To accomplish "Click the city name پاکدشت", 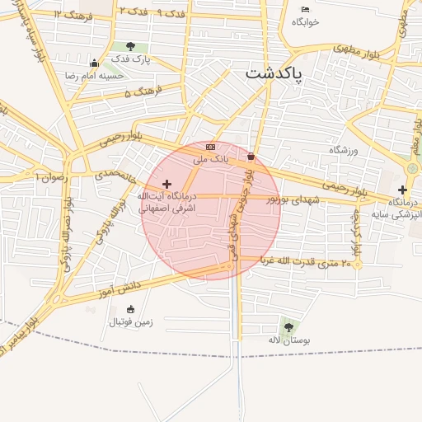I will (x=274, y=73).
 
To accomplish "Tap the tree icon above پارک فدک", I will (x=129, y=47).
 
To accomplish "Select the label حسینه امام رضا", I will (x=95, y=75).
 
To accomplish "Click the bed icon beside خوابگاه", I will (x=305, y=9).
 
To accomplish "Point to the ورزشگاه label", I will (x=346, y=150).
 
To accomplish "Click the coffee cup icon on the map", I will (x=251, y=154).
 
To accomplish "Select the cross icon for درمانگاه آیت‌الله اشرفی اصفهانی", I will (x=167, y=184).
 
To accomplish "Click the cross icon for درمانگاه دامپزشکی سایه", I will (x=402, y=190).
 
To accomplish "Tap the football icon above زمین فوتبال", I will (x=130, y=309).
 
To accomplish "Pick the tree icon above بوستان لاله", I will (x=289, y=327).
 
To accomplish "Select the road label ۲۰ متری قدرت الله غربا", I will (x=306, y=261).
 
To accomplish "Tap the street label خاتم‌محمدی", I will (x=115, y=175).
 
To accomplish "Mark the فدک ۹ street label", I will (x=168, y=13).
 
